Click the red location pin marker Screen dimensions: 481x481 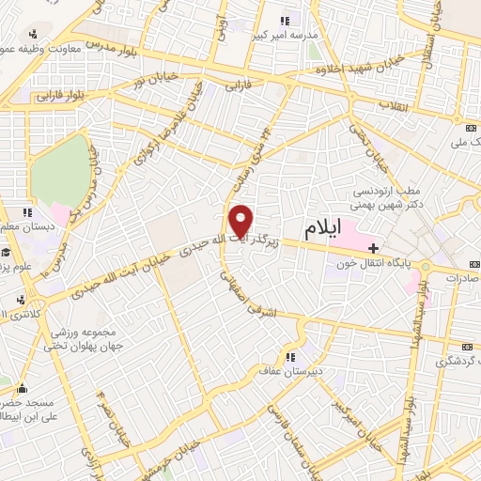(242, 220)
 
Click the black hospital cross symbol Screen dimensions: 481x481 (375, 248)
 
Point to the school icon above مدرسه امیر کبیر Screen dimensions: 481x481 (286, 19)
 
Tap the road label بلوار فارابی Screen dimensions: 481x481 (62, 95)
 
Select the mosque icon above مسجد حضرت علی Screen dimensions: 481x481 (21, 387)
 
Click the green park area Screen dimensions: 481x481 (58, 169)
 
